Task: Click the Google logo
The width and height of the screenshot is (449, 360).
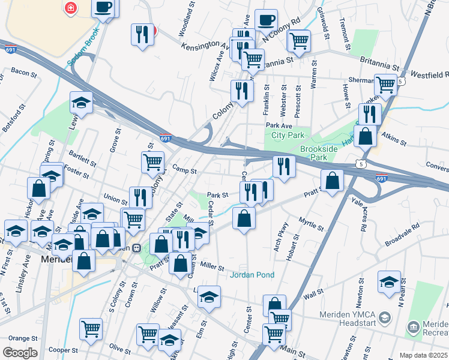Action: (x=20, y=353)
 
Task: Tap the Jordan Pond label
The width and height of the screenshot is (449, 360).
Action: (x=252, y=275)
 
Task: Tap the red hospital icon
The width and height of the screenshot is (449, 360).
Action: (x=71, y=8)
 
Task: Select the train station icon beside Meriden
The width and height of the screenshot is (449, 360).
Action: (x=136, y=248)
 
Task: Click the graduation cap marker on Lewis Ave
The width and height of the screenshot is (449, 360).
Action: (x=81, y=103)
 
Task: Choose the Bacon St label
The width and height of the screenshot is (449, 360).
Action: (x=24, y=72)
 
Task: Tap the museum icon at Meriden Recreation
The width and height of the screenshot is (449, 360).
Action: (x=413, y=327)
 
